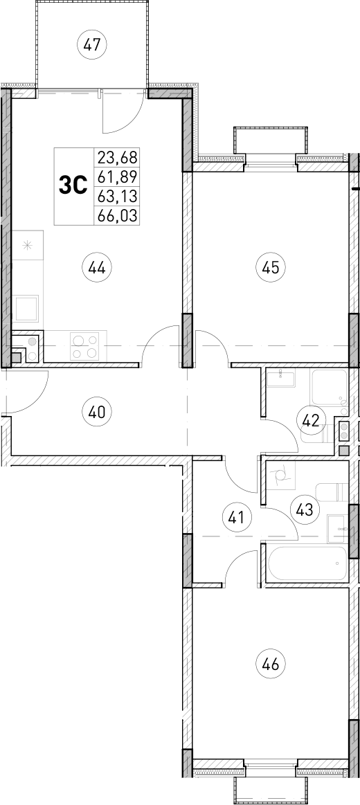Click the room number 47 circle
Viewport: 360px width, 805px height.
[x=93, y=46]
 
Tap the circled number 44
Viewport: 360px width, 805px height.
[x=97, y=267]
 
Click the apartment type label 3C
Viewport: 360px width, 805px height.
[x=73, y=186]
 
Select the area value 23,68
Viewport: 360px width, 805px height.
[x=117, y=156]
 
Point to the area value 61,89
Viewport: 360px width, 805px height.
[x=117, y=176]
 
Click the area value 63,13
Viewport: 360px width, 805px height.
[x=117, y=196]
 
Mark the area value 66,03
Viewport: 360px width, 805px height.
[x=117, y=216]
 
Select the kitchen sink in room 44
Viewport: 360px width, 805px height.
[x=27, y=307]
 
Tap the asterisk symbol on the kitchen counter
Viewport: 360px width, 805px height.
[x=28, y=244]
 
